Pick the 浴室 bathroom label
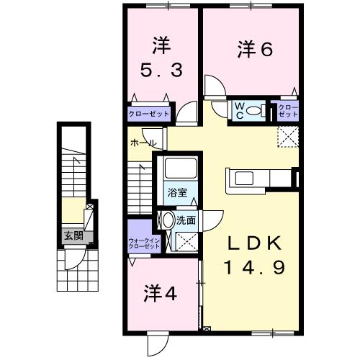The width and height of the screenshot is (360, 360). coord(177,193)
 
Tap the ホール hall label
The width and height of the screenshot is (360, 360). coord(142,143)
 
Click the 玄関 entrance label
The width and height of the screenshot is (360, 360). coord(72,235)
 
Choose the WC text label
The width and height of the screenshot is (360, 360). coord(239,110)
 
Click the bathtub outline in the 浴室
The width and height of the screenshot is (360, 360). coord(177,169)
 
